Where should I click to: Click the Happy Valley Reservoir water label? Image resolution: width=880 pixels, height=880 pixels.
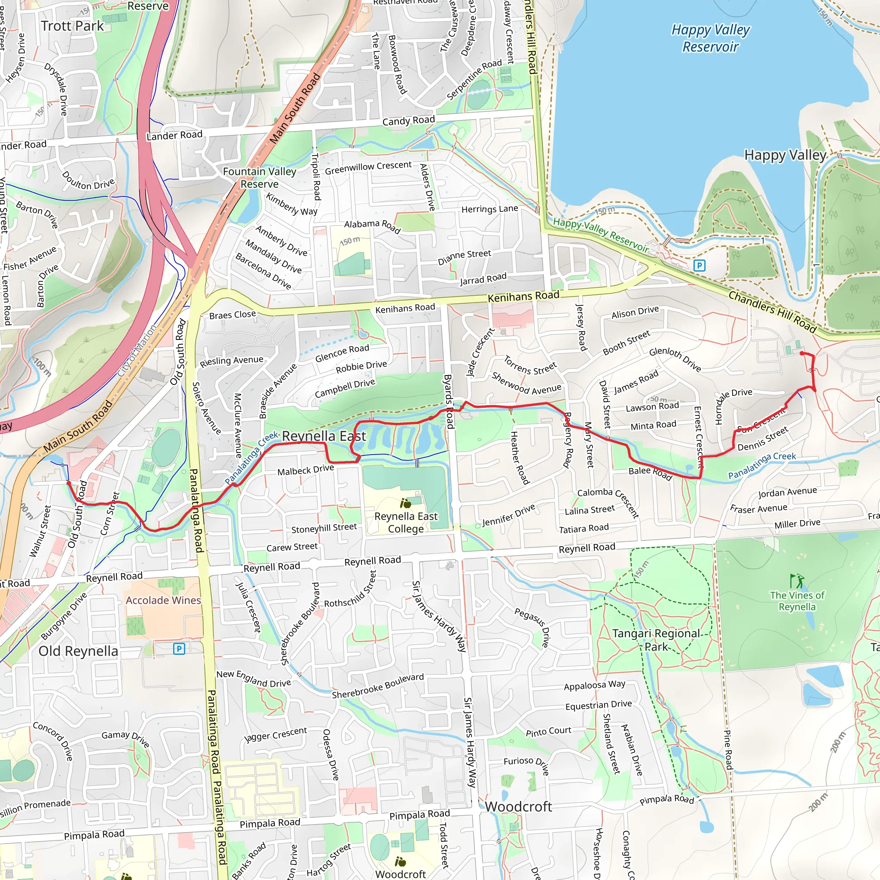710,38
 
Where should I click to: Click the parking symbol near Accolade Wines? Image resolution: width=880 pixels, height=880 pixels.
180,648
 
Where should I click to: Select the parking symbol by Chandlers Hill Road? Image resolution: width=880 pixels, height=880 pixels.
699,265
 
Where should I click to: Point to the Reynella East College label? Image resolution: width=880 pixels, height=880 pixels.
405,522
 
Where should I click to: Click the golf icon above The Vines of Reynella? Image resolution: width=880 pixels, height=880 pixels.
797,581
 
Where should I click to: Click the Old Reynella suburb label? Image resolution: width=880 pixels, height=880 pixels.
78,651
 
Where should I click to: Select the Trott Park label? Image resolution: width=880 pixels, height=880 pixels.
73,26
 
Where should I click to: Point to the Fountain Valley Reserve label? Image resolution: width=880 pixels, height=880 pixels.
259,177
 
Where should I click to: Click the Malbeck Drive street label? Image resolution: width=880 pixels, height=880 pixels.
306,470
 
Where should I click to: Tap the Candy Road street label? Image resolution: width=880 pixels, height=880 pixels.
409,121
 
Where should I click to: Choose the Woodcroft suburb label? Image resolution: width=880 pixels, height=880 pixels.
518,807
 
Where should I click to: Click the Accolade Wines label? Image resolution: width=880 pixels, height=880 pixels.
163,600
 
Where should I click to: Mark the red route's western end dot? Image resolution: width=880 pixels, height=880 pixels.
68,483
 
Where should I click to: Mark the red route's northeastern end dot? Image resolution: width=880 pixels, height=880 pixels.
802,353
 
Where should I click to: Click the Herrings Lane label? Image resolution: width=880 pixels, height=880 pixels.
490,209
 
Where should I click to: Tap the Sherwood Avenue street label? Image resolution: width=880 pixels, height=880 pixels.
526,384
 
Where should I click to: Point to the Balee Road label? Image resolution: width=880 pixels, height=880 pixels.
650,473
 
